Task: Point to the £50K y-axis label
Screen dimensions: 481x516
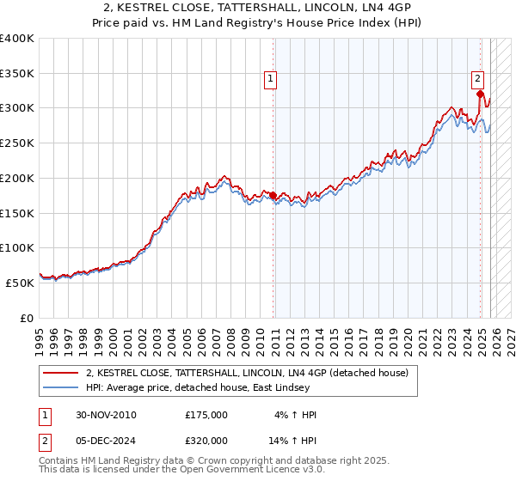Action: click(20, 283)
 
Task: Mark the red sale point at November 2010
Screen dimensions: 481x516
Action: click(273, 195)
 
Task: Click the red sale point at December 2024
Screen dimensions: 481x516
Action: click(480, 94)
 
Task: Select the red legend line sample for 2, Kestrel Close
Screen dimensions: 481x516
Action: click(62, 373)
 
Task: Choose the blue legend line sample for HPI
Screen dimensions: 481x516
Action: click(62, 387)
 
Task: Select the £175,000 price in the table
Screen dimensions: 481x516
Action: click(206, 415)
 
